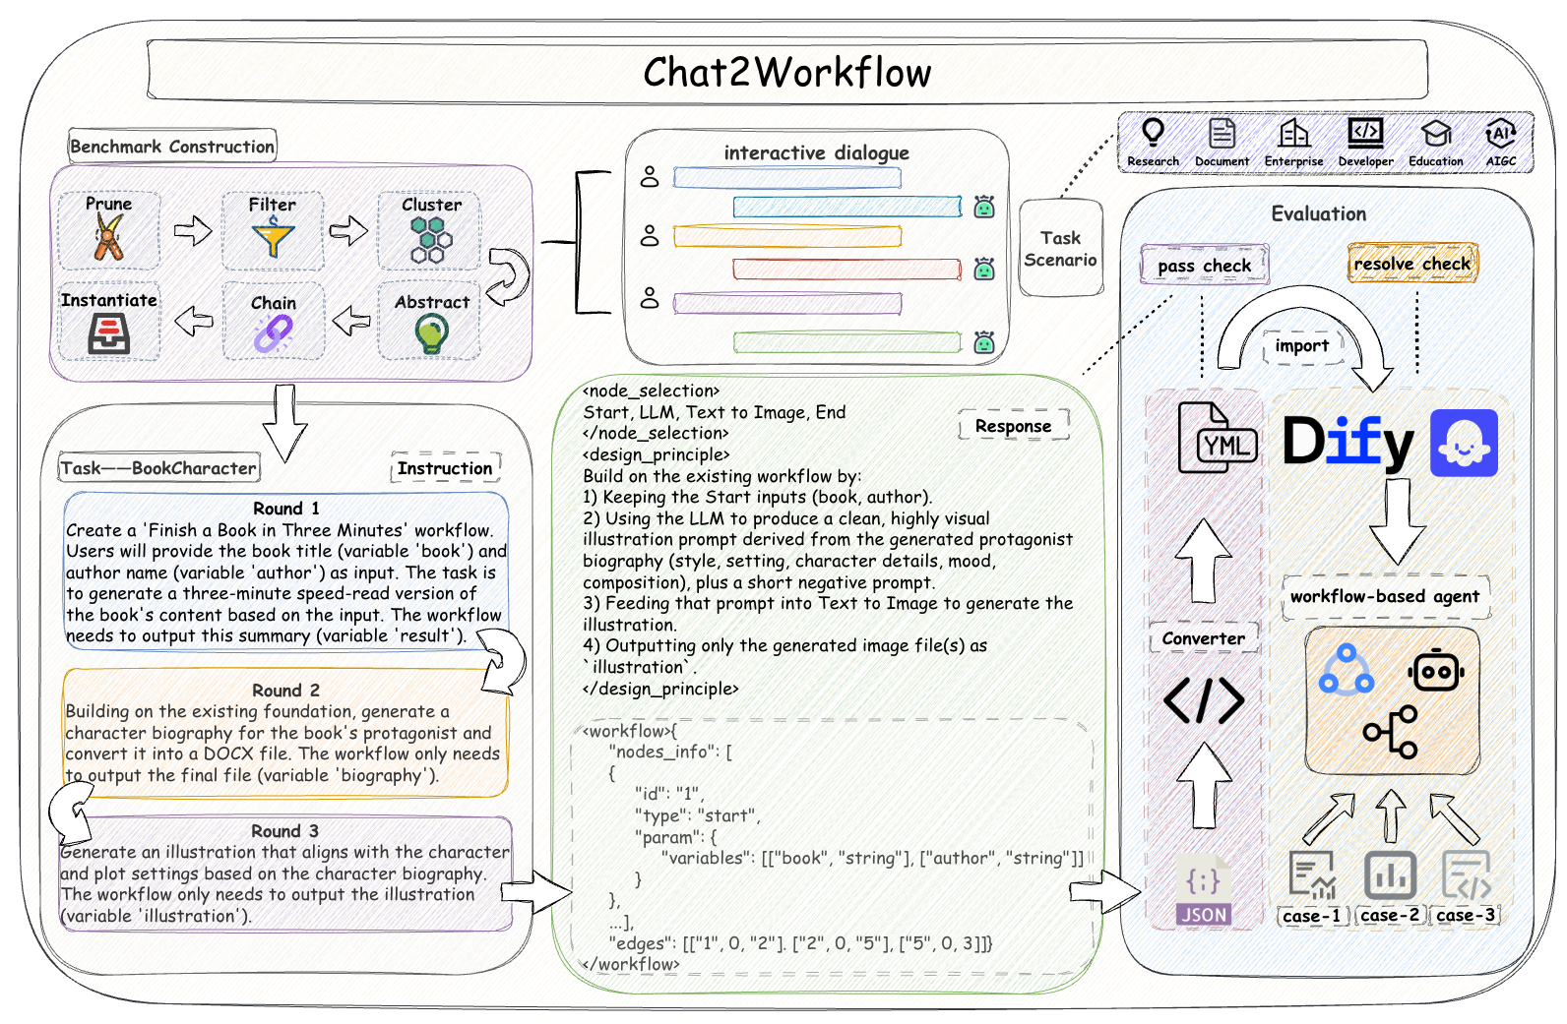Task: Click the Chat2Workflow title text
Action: coord(787,72)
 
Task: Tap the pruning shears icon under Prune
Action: coord(108,236)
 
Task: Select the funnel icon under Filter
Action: coord(273,236)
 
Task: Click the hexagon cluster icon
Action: coord(431,239)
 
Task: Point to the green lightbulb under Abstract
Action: coord(431,333)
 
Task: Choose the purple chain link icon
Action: coord(273,333)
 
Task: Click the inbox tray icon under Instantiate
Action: coord(108,332)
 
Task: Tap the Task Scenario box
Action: coord(1060,248)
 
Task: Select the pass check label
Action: coord(1204,265)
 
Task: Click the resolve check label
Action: coord(1412,264)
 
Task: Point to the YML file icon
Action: coord(1218,438)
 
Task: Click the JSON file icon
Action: coord(1203,890)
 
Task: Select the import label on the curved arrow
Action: coord(1301,345)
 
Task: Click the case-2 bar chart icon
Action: coord(1390,875)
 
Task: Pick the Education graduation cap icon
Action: coord(1436,133)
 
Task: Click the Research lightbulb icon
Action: coord(1153,132)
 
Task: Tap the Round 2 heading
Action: coord(285,691)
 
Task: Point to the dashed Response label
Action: coord(1013,426)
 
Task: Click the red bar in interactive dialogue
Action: coord(847,270)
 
